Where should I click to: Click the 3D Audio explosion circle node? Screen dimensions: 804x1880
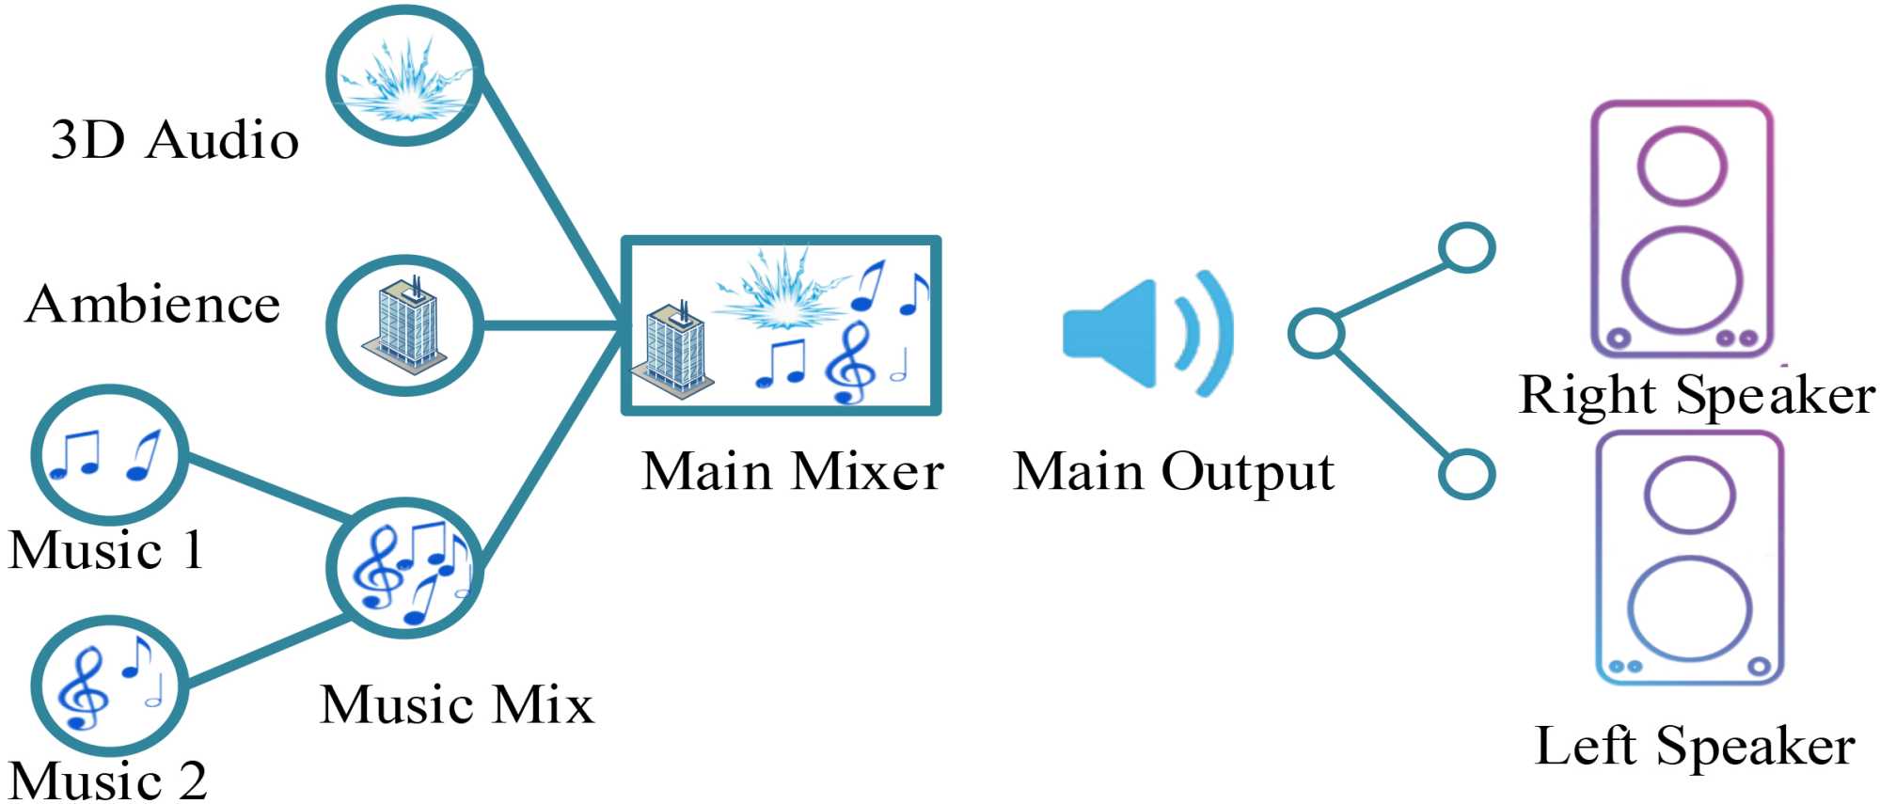pos(404,75)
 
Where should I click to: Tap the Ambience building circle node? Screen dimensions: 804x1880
pos(404,324)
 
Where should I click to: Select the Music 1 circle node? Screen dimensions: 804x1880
pos(109,455)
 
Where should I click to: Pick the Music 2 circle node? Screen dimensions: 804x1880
pos(109,686)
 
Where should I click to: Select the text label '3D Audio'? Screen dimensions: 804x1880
pos(175,140)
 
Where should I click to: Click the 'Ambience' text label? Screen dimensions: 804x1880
pos(153,304)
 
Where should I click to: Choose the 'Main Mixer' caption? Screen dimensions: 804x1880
pos(793,470)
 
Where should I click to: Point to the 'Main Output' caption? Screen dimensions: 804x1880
pos(1174,470)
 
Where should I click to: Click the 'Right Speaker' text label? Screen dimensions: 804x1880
pos(1696,394)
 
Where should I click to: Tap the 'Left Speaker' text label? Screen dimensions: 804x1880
pos(1695,746)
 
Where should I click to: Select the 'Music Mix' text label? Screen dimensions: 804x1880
pos(457,704)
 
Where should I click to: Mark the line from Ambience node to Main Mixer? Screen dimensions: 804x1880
pos(551,325)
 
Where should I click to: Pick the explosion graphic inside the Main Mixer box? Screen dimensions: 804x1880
pos(781,287)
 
